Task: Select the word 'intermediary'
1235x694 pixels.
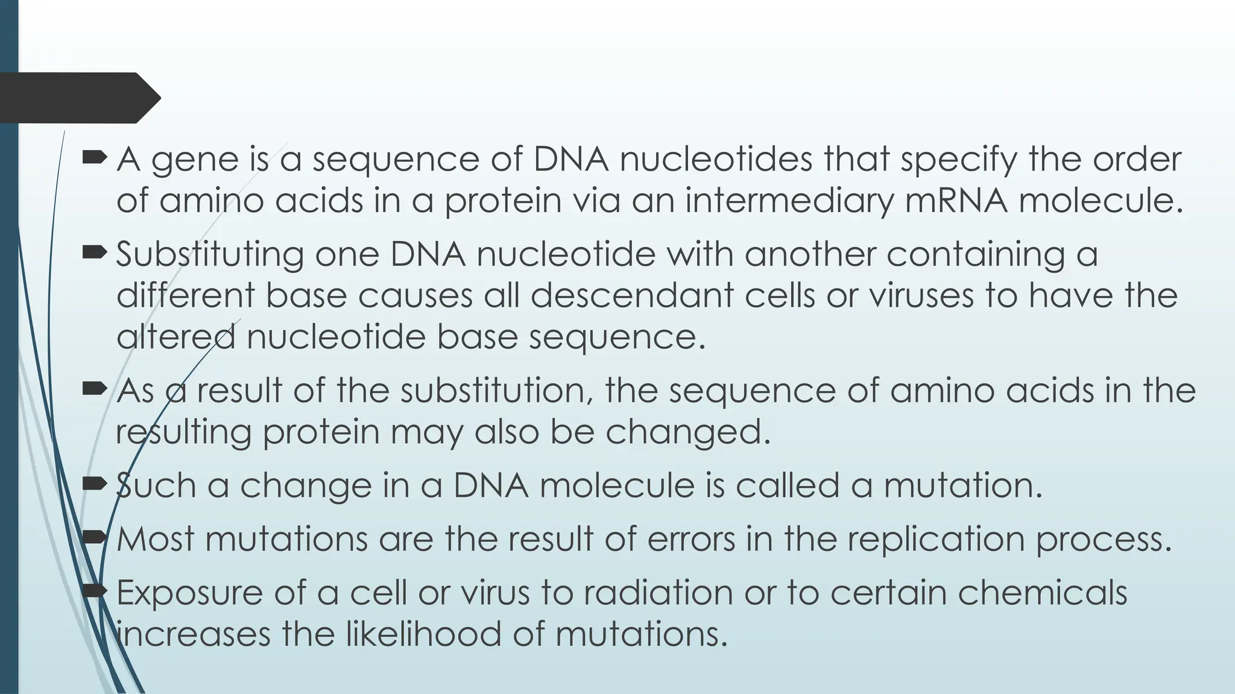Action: click(789, 201)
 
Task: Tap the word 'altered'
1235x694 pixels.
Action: click(175, 336)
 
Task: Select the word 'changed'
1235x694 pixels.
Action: click(687, 432)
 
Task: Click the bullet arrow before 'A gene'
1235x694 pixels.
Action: click(94, 158)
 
